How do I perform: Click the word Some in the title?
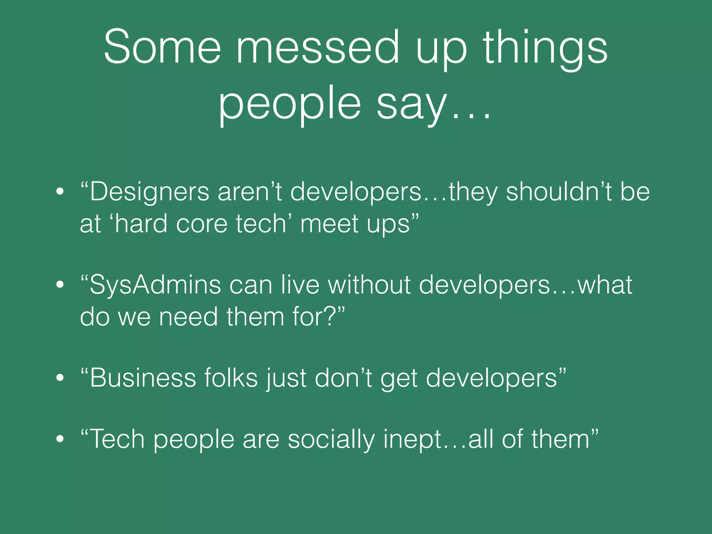click(x=162, y=47)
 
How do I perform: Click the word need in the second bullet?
click(x=188, y=317)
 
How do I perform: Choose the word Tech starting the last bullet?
click(x=116, y=439)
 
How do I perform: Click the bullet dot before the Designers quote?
click(x=60, y=192)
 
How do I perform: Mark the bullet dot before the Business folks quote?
click(x=60, y=378)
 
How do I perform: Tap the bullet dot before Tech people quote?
click(x=60, y=439)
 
